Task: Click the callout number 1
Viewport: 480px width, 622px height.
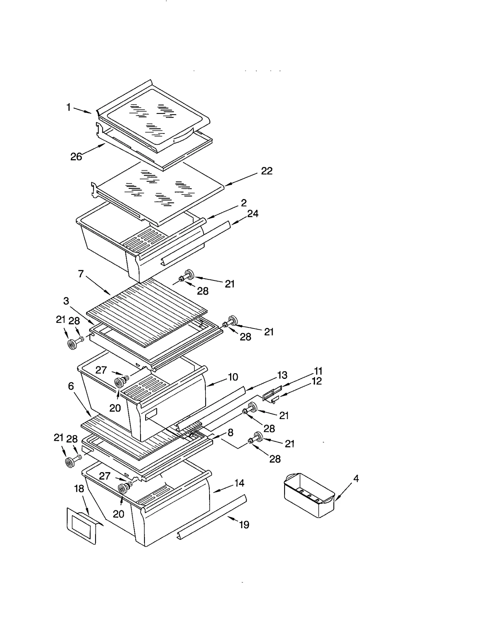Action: (x=69, y=107)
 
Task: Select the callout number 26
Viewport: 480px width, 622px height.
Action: (x=76, y=156)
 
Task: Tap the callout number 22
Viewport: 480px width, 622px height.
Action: (x=266, y=171)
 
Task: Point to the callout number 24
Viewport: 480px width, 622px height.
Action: (x=253, y=213)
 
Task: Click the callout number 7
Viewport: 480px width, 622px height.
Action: (x=81, y=274)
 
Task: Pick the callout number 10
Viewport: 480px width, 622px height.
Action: (x=233, y=377)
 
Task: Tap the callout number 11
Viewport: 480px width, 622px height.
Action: (x=318, y=371)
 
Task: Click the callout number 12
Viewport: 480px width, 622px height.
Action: (x=317, y=381)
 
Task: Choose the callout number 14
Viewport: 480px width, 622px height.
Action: (x=239, y=483)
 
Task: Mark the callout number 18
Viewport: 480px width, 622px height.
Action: (x=79, y=489)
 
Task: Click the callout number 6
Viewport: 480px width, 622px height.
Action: (x=71, y=386)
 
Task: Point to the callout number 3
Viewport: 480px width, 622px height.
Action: (x=66, y=301)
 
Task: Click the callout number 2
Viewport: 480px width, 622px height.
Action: (x=244, y=203)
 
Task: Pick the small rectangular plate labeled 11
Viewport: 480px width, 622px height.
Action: (x=272, y=393)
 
